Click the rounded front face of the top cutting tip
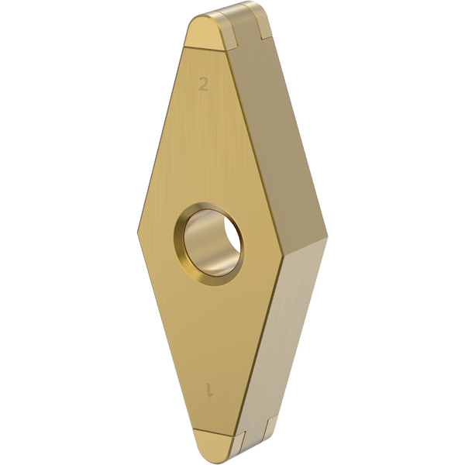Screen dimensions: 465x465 coord(207,35)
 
